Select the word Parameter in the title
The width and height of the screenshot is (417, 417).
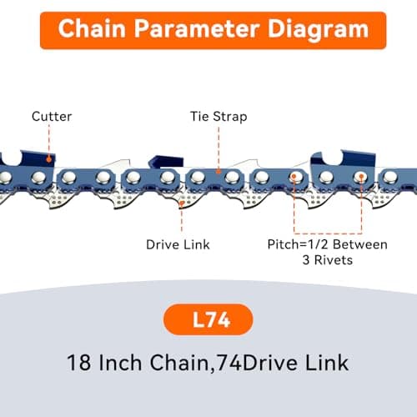(x=192, y=29)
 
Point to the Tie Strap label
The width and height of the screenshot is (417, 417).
(x=219, y=116)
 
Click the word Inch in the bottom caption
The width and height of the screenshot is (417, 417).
(x=124, y=364)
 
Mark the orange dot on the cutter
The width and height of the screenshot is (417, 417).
(x=50, y=158)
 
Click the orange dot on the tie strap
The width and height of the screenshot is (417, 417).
(x=219, y=171)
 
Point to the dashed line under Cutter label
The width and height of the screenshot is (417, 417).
(x=50, y=140)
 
